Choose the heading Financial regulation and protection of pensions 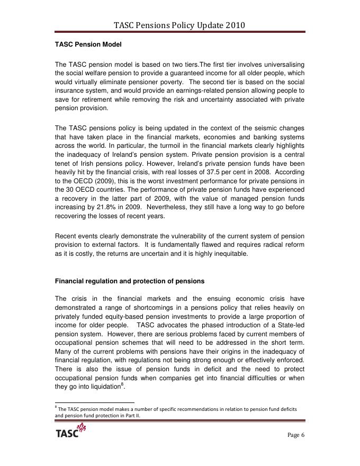tap(130, 281)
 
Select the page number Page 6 tap(296, 435)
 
